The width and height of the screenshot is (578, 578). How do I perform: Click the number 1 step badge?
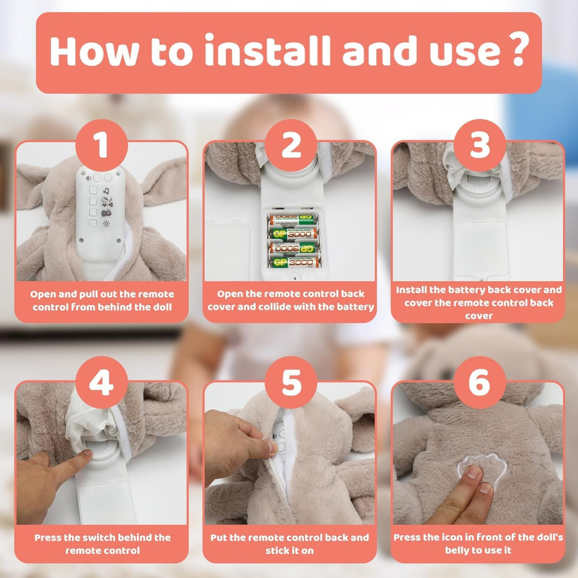click(101, 145)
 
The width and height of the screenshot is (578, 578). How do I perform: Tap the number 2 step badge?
click(290, 145)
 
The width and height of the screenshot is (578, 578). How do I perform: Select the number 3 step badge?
click(479, 145)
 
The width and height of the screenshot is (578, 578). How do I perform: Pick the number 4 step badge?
click(101, 382)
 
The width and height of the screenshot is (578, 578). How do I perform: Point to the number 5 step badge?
click(290, 382)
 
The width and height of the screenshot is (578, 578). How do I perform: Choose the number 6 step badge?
click(479, 382)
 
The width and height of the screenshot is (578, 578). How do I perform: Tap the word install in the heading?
click(267, 50)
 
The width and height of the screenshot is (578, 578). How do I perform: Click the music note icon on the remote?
click(106, 190)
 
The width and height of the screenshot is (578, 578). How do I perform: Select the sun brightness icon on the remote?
click(106, 224)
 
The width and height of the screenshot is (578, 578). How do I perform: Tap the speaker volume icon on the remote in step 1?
click(88, 178)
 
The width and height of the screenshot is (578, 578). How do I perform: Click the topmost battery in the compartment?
click(292, 220)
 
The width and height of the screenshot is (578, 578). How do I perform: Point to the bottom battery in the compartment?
click(294, 262)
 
